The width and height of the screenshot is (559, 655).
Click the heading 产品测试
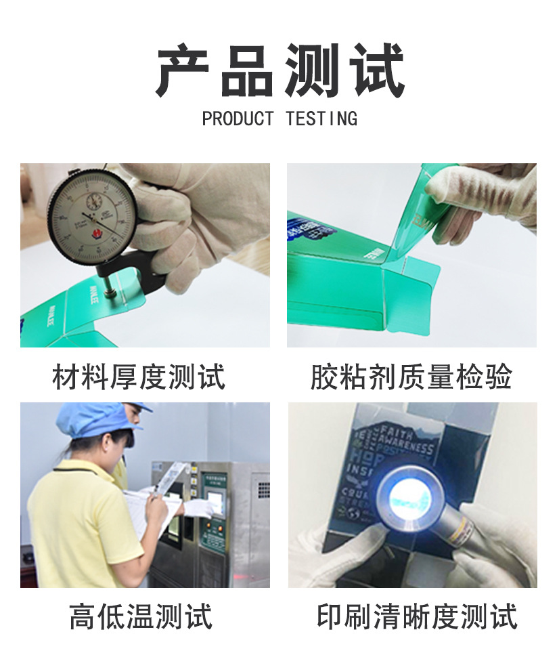279,71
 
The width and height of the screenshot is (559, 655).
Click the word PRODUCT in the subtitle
237,119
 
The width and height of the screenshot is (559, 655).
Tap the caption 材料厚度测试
139,377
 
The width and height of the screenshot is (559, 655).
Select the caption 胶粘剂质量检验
411,377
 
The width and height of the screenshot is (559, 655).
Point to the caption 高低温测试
141,616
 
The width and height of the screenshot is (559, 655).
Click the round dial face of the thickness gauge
92,213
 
